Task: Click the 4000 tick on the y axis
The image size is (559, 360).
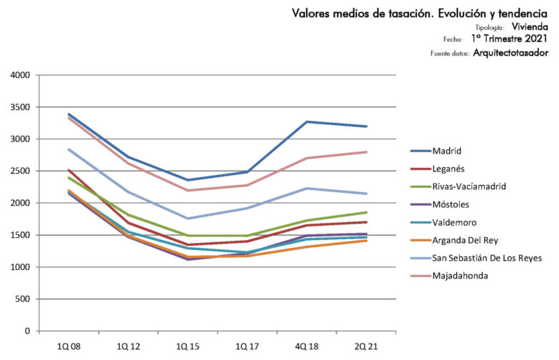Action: click(x=20, y=75)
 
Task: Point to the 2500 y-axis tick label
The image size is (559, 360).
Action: click(x=20, y=171)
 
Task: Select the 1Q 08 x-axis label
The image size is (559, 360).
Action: click(x=69, y=346)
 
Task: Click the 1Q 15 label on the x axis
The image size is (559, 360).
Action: click(x=188, y=346)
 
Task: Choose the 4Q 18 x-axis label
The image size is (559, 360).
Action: click(x=306, y=346)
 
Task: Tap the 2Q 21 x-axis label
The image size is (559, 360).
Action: click(x=366, y=346)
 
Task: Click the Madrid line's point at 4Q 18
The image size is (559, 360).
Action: click(x=306, y=121)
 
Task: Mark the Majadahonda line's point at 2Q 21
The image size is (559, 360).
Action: click(x=366, y=151)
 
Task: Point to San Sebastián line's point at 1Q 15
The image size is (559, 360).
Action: click(x=188, y=219)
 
